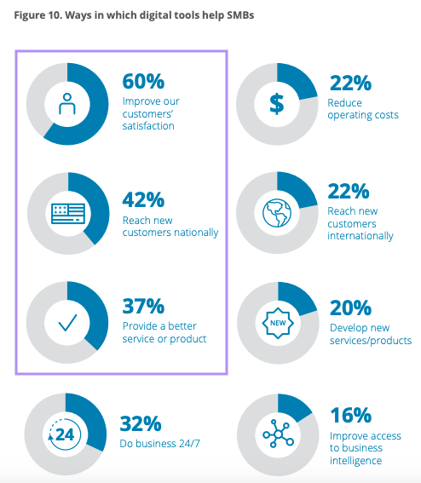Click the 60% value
click(x=142, y=82)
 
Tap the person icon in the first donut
click(x=66, y=103)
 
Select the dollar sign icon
click(x=277, y=103)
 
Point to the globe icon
click(x=277, y=213)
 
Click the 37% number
click(x=142, y=306)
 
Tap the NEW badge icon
click(x=277, y=324)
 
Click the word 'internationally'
click(x=360, y=236)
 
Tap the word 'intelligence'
click(x=355, y=461)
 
